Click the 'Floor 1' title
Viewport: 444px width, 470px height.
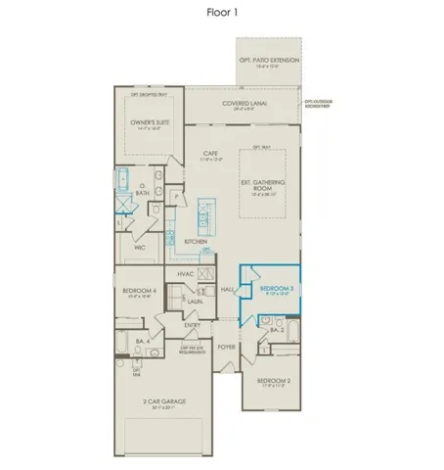(222, 13)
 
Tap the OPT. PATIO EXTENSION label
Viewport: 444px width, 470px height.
(269, 61)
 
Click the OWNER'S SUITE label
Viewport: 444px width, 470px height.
(150, 123)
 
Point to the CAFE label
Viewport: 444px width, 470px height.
(210, 154)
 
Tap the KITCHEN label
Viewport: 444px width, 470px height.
(196, 240)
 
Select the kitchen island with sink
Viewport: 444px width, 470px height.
(206, 211)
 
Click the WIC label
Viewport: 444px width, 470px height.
(140, 249)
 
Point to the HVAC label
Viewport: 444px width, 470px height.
(186, 275)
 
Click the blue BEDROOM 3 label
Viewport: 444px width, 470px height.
(277, 289)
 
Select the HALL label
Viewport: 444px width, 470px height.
(228, 290)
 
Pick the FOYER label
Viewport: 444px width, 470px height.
(226, 347)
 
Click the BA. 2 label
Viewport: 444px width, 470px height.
(276, 331)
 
